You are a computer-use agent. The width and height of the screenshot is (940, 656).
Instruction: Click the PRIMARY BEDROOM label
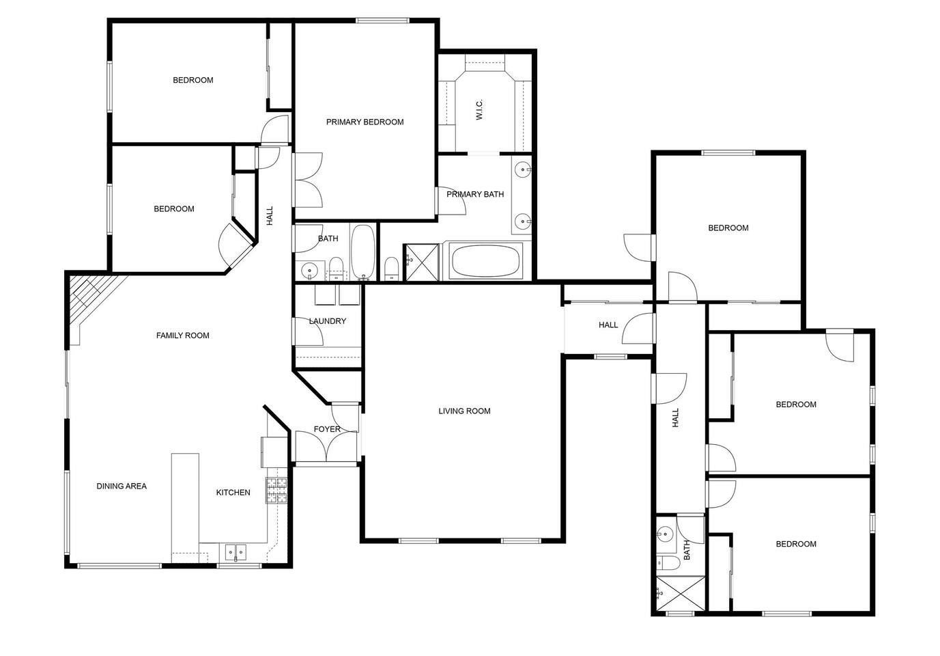tap(365, 122)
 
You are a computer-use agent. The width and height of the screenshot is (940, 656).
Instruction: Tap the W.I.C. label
tap(479, 109)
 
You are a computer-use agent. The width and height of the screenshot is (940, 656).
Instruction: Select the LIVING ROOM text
tap(464, 411)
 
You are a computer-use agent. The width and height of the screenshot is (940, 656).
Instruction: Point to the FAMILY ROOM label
tap(182, 336)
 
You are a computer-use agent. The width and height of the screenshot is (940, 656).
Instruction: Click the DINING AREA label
tap(122, 487)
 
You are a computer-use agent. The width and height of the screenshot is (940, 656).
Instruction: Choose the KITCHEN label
tap(233, 493)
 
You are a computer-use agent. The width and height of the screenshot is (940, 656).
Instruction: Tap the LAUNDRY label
tap(327, 321)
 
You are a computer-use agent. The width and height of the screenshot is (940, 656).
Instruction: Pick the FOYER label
tap(327, 429)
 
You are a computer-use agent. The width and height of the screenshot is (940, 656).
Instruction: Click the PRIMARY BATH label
tap(475, 195)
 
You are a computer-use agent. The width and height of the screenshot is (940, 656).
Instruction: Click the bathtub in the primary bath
tap(485, 261)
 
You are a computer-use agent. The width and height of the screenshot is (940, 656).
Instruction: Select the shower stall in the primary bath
tap(421, 262)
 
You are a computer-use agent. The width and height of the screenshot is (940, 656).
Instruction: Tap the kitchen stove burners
tap(277, 491)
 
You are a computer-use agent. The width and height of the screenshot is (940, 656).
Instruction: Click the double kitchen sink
tap(236, 552)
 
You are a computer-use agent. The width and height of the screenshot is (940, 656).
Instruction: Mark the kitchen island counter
tap(185, 508)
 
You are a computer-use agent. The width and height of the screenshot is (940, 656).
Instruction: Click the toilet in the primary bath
tap(392, 269)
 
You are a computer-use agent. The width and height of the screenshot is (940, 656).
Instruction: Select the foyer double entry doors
tap(326, 446)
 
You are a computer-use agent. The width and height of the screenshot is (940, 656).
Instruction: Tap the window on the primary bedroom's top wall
tap(382, 20)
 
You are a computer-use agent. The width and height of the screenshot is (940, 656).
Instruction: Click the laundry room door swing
tap(309, 332)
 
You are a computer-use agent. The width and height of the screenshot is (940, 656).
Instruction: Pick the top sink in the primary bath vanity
tap(523, 170)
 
